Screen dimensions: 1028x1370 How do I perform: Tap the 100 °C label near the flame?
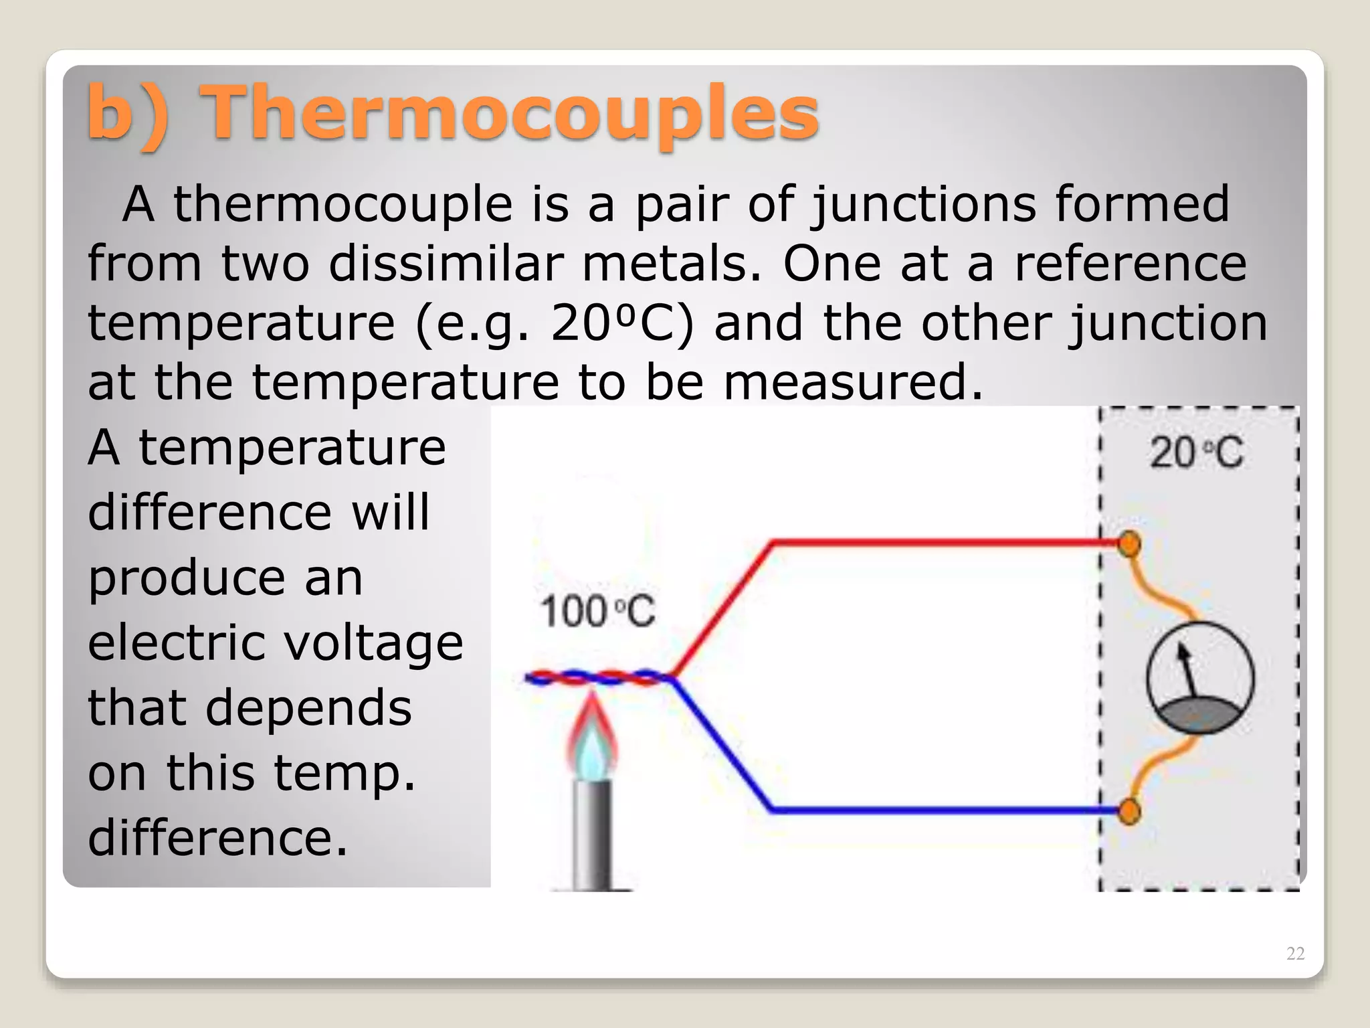[x=597, y=612]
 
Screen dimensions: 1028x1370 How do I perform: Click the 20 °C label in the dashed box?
[x=1197, y=452]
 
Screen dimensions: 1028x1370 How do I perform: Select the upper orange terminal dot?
[x=1129, y=543]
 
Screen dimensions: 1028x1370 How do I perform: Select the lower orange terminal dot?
[x=1129, y=812]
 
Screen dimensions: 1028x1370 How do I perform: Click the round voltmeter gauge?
[x=1200, y=678]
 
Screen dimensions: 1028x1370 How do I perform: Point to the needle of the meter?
[x=1189, y=669]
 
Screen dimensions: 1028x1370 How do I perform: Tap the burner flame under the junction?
[x=592, y=740]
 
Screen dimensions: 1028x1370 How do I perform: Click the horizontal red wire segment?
[x=937, y=542]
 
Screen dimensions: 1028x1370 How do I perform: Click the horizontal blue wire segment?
[x=937, y=810]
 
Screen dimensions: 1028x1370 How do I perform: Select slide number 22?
[x=1295, y=953]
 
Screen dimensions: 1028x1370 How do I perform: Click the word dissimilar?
[x=445, y=264]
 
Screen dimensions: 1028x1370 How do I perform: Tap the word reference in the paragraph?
[x=1130, y=264]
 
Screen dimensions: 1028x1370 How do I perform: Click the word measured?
[x=852, y=382]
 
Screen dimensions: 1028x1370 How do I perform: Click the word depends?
[x=308, y=708]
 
